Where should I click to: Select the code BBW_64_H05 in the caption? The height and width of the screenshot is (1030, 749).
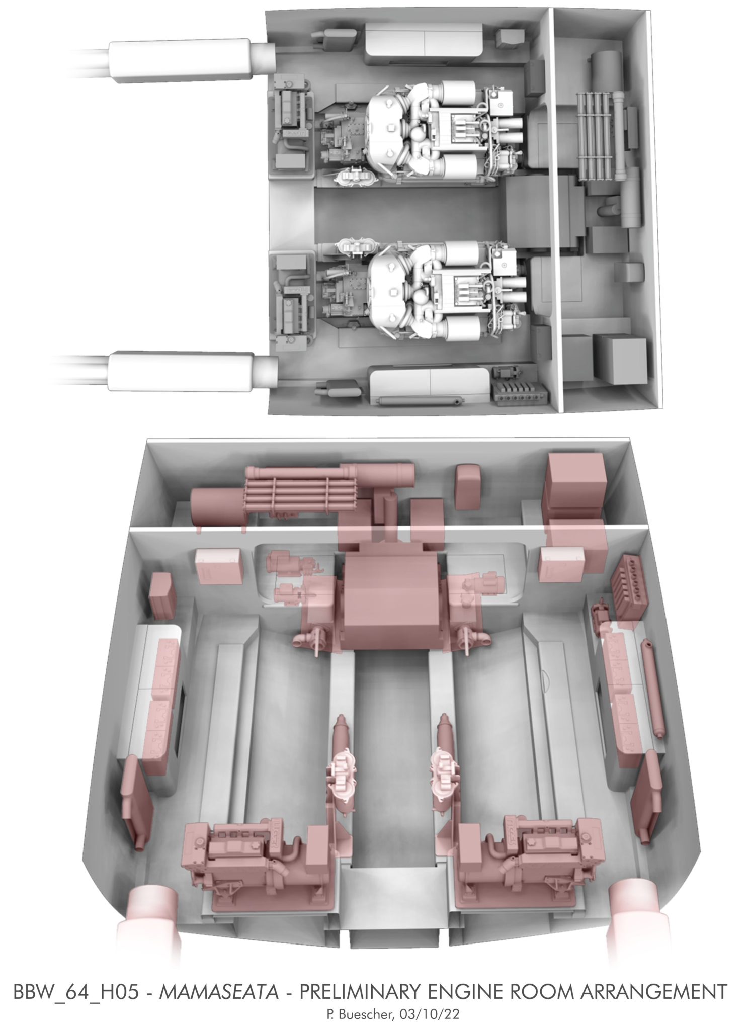pyautogui.click(x=75, y=978)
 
